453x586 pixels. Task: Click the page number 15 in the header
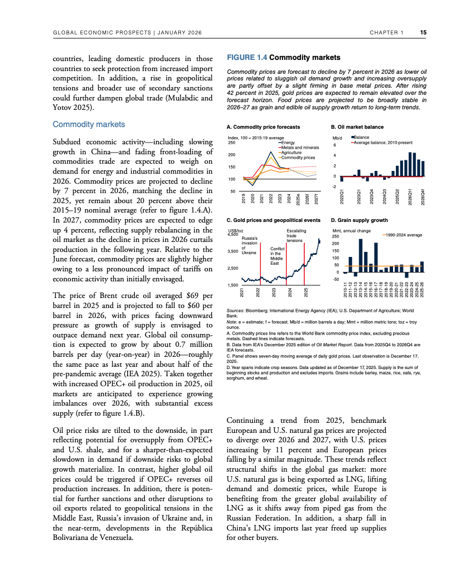click(423, 33)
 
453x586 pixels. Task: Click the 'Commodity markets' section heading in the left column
click(89, 124)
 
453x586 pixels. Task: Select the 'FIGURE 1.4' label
click(247, 57)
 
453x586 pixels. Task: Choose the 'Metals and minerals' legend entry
click(300, 148)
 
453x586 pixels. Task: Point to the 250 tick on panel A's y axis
click(232, 143)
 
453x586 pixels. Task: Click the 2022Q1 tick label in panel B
click(342, 196)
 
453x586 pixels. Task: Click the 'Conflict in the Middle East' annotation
click(277, 256)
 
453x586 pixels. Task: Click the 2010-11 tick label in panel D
click(345, 291)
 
